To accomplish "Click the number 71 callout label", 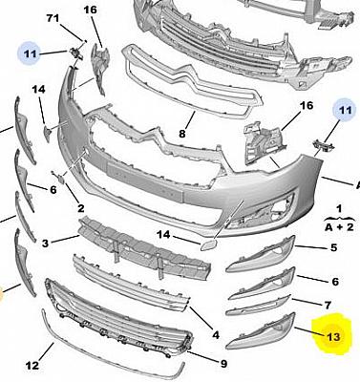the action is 53,18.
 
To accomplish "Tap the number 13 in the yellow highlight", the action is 333,336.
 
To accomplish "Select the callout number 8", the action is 182,134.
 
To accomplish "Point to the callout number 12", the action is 33,365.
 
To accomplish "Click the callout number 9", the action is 223,363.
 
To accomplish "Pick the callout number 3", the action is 45,244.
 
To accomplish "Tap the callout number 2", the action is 81,208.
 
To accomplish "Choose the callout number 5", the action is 333,247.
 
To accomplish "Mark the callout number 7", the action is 328,306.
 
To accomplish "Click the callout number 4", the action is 216,334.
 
